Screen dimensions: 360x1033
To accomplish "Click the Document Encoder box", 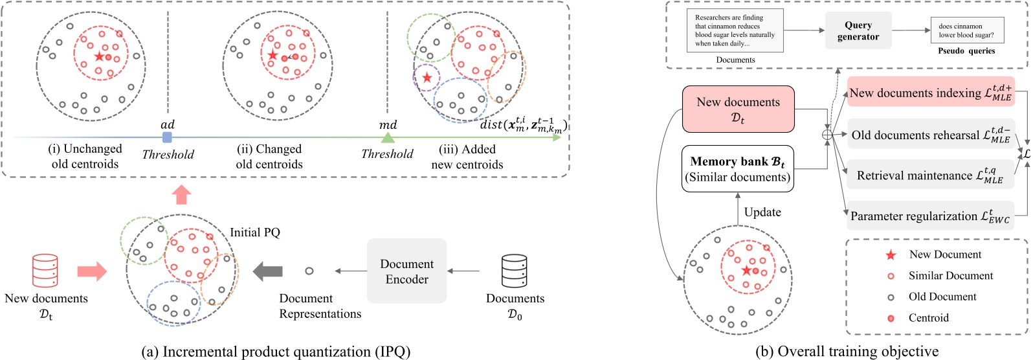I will (406, 271).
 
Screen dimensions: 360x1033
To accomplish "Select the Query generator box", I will (858, 31).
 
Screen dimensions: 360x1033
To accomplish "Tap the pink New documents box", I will (738, 109).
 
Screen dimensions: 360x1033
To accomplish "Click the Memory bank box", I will (738, 169).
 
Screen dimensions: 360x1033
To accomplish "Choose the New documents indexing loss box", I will (930, 93).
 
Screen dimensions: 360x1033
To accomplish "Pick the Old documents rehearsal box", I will (930, 135).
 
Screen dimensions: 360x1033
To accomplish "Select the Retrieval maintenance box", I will (930, 175).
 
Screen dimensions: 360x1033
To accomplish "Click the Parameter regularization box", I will (930, 216).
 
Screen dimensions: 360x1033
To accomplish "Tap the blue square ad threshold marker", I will (167, 137).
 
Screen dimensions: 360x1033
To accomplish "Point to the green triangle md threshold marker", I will (387, 137).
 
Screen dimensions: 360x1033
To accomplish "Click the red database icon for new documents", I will (45, 271).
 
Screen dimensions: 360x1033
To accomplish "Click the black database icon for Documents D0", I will (514, 271).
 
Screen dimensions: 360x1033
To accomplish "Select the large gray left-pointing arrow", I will (267, 271).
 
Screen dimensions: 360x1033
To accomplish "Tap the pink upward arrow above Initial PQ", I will (182, 194).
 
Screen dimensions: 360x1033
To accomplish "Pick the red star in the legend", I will (891, 255).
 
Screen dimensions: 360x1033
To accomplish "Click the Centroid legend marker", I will (891, 318).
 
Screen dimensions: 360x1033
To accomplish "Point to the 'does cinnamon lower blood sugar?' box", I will (966, 31).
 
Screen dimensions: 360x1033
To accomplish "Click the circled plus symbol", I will (827, 135).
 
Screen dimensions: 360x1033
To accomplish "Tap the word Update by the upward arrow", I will (762, 212).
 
